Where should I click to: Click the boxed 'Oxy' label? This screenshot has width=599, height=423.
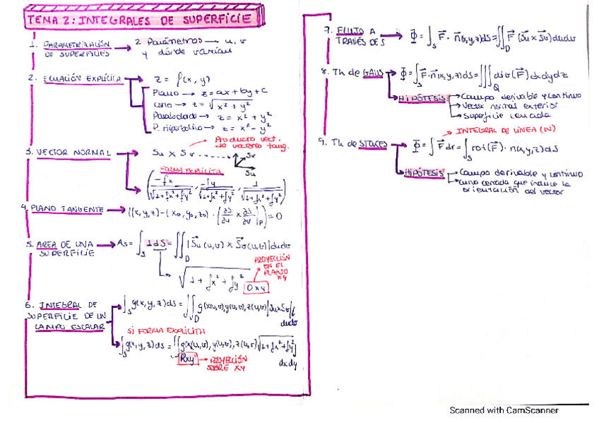(255, 289)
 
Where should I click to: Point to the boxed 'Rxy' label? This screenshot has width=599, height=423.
(186, 359)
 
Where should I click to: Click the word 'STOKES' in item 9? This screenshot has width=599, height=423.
(372, 144)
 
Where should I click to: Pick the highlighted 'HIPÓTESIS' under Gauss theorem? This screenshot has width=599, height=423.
(422, 98)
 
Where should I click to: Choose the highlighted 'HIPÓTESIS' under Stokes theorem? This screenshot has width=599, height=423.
(423, 172)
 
